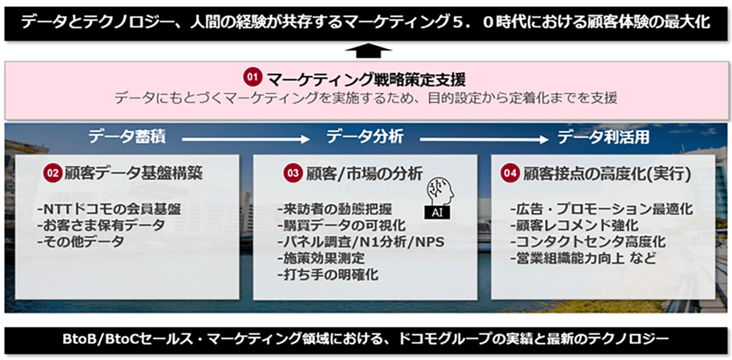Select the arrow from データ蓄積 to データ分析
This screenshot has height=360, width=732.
click(246, 139)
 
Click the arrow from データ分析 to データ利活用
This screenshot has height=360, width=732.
click(484, 139)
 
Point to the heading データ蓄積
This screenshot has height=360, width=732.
click(127, 137)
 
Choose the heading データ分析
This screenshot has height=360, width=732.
click(364, 137)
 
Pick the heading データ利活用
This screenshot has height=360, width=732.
click(604, 137)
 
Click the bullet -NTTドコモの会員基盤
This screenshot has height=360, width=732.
click(109, 209)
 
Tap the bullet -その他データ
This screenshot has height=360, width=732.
click(81, 242)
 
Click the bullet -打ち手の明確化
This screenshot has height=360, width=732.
click(328, 274)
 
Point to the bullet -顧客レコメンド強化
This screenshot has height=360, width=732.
click(574, 225)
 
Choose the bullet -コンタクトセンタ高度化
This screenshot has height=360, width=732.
click(588, 242)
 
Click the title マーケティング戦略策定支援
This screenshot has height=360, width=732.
click(366, 79)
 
